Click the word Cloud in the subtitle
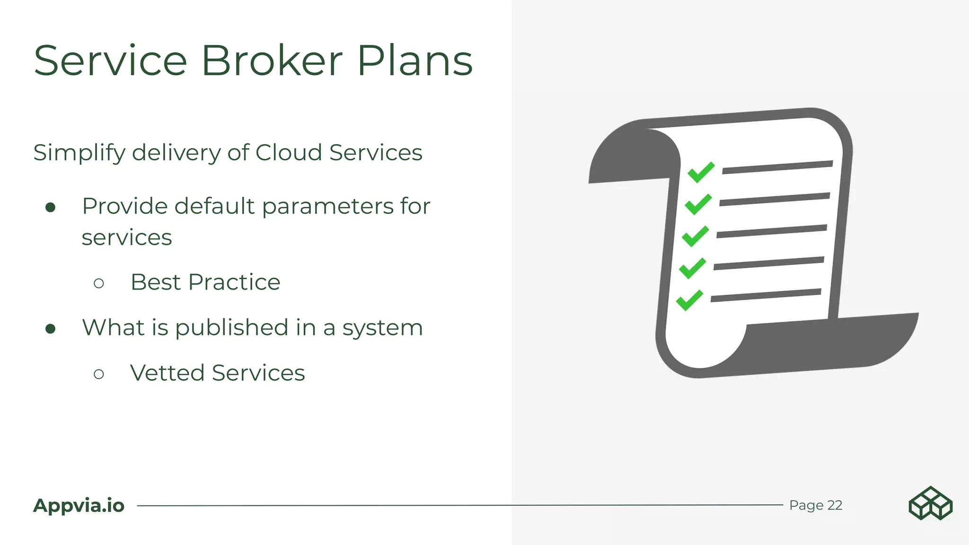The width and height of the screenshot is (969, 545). [289, 152]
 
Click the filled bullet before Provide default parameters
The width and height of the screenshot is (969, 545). [51, 207]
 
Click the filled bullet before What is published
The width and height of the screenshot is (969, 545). [51, 329]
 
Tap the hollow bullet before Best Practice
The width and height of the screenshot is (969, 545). [99, 283]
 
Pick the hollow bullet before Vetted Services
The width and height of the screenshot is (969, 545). [99, 374]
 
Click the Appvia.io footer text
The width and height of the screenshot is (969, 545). [79, 505]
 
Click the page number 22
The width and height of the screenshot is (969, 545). [835, 505]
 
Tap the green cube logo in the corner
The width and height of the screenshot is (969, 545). [930, 503]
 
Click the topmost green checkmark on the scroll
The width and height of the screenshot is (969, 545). [701, 172]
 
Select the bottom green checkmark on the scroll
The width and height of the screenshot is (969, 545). [689, 300]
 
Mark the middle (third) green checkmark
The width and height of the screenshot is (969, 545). [695, 236]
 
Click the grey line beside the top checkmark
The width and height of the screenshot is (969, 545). [777, 167]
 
